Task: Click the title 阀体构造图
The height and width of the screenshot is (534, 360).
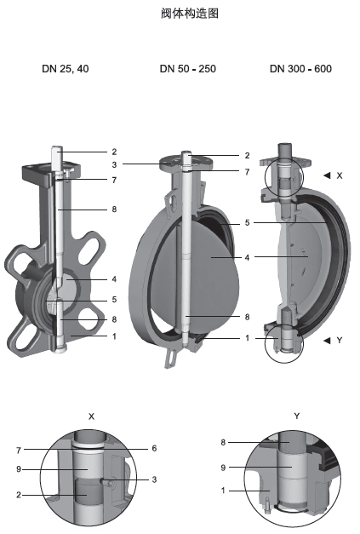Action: click(x=190, y=14)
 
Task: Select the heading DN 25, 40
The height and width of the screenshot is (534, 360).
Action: click(x=66, y=69)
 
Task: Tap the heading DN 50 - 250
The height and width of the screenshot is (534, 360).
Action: click(x=188, y=69)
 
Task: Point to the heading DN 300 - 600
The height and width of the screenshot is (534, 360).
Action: click(x=300, y=69)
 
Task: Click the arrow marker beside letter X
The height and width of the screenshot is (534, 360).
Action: click(x=327, y=175)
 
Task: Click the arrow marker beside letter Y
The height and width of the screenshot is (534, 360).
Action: click(x=327, y=340)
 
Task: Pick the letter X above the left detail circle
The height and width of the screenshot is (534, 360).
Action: click(x=91, y=416)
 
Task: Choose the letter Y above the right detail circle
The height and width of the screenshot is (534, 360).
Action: click(x=297, y=416)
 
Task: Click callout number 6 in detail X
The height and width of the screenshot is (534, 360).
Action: click(x=154, y=448)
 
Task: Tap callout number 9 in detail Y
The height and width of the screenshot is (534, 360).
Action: click(x=223, y=468)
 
